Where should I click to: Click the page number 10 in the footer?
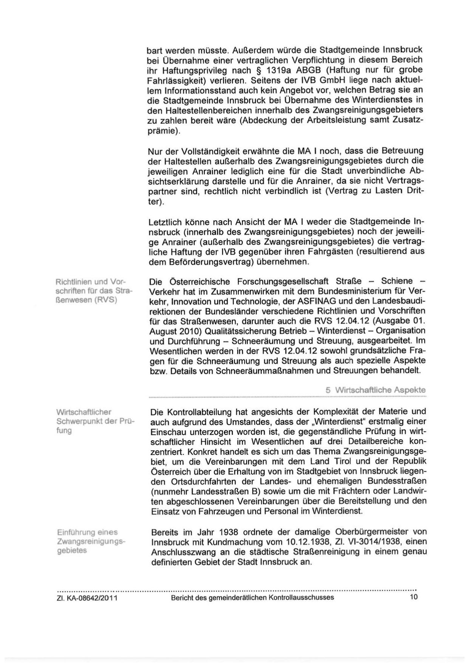(x=413, y=597)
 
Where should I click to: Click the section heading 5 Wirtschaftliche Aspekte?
(x=376, y=390)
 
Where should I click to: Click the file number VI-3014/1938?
(x=367, y=542)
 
